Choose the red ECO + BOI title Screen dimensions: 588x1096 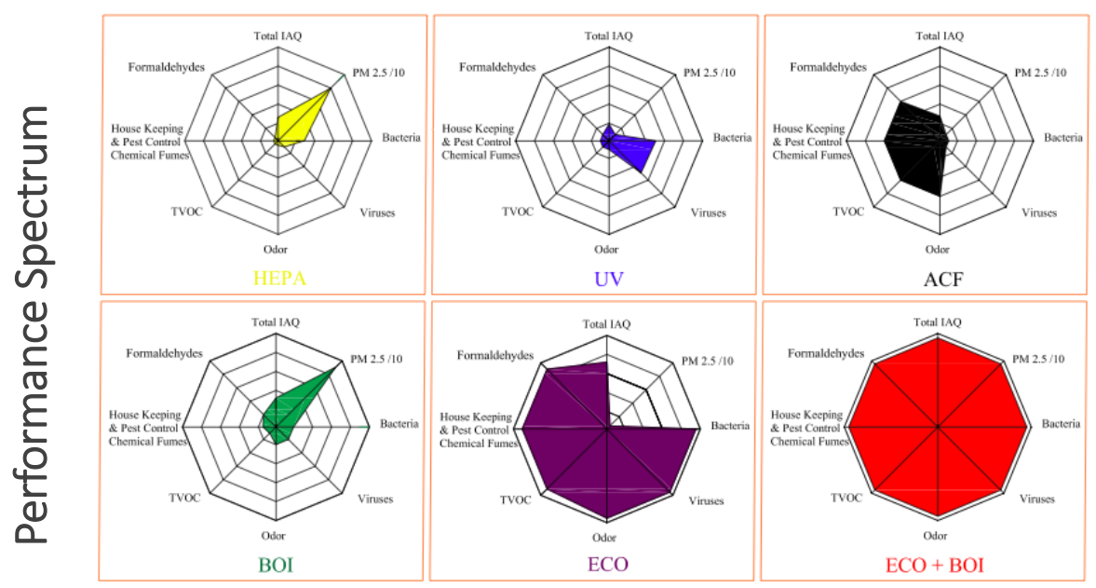(x=936, y=565)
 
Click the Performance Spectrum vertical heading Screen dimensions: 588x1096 (x=34, y=321)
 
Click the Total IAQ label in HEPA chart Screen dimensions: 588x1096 (x=277, y=36)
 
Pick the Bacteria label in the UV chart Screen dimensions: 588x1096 (x=732, y=138)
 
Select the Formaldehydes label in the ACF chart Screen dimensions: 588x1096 (x=829, y=67)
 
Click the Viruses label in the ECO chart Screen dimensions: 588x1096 (x=706, y=500)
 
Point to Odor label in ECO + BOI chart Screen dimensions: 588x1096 (x=935, y=536)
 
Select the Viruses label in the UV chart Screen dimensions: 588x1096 (x=708, y=212)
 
